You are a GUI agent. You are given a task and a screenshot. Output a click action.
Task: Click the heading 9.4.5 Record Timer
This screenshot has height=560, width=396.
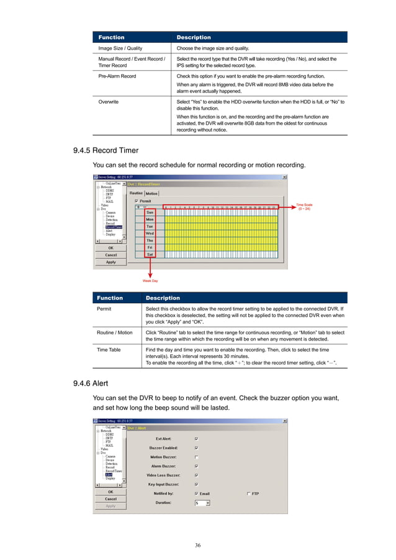(x=106, y=150)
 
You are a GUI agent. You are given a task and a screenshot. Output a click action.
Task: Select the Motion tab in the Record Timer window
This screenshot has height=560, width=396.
(x=151, y=194)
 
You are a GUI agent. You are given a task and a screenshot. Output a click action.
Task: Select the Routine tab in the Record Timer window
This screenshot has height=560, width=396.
(x=137, y=194)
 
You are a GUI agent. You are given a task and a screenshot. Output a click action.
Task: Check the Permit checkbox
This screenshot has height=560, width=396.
(x=137, y=201)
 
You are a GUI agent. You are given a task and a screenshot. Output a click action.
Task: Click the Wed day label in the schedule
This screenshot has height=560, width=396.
(x=150, y=233)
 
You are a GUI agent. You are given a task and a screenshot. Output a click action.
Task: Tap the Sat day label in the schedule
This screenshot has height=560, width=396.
(x=150, y=254)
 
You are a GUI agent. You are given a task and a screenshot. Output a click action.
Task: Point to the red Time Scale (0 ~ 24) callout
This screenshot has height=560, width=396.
(x=305, y=207)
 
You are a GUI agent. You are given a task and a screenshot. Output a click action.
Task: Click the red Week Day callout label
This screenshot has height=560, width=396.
(x=150, y=281)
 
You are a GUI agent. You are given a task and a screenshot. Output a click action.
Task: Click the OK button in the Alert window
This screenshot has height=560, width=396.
(x=110, y=492)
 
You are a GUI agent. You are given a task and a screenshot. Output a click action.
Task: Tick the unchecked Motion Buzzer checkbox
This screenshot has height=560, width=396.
(x=197, y=456)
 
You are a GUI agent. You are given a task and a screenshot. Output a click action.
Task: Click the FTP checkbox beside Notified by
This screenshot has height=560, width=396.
(x=249, y=494)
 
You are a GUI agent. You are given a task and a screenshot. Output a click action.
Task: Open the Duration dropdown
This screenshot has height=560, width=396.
(x=208, y=503)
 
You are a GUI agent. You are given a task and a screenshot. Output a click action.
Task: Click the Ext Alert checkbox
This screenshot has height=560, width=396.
(x=197, y=438)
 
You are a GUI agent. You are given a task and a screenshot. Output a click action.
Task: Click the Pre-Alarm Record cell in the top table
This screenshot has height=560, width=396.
(x=116, y=76)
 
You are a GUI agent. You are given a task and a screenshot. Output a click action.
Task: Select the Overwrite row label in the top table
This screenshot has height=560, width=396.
(x=109, y=101)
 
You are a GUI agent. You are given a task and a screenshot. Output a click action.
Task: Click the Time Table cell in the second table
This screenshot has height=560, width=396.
(x=109, y=350)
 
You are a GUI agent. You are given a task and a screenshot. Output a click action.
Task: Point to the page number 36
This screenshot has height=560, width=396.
(x=197, y=545)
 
